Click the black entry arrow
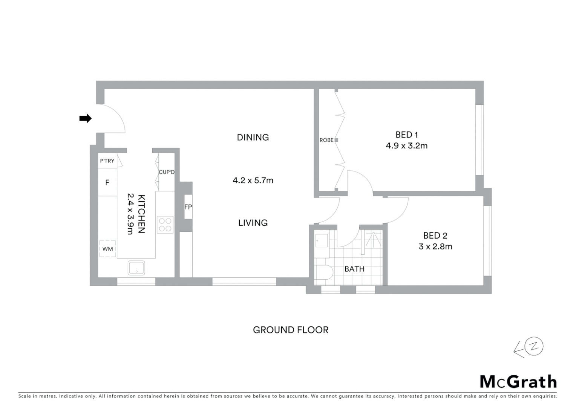(86, 118)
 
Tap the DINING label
(253, 138)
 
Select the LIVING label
(253, 223)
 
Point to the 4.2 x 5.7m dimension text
(253, 181)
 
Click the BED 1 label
(406, 135)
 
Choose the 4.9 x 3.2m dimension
(406, 146)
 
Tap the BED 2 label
(435, 236)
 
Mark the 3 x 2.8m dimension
(435, 246)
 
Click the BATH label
(354, 269)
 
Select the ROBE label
(326, 140)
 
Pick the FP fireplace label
(188, 207)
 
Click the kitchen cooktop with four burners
(165, 225)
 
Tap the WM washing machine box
(107, 249)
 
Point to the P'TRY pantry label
(107, 161)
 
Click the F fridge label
(107, 183)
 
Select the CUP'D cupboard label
(166, 172)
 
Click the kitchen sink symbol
(136, 268)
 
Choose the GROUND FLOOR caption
(290, 330)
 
